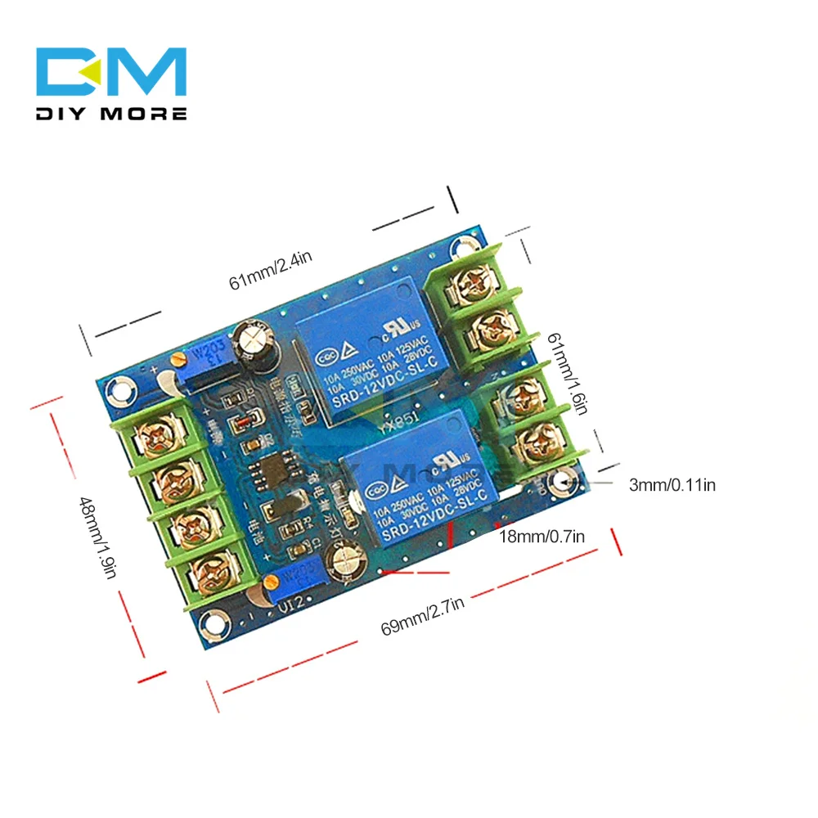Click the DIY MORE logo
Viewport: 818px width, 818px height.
[x=112, y=84]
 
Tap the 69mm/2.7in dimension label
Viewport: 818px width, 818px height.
[x=423, y=615]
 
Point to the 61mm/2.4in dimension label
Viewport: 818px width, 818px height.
[x=270, y=270]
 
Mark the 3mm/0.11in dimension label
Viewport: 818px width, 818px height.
[x=672, y=485]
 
